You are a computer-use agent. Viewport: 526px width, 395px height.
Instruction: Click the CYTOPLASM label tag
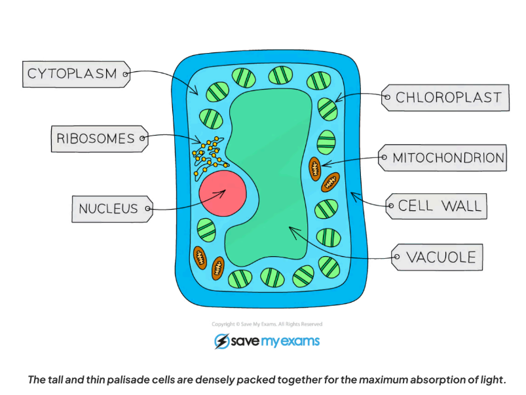[74, 74]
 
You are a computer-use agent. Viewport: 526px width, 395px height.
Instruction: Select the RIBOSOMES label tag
[97, 138]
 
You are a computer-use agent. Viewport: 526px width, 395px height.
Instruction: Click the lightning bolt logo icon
[221, 341]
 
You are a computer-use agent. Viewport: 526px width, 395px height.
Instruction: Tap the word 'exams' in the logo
[297, 341]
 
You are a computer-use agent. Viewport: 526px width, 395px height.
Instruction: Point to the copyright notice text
[267, 324]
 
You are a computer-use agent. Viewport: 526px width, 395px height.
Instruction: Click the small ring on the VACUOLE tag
[396, 257]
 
